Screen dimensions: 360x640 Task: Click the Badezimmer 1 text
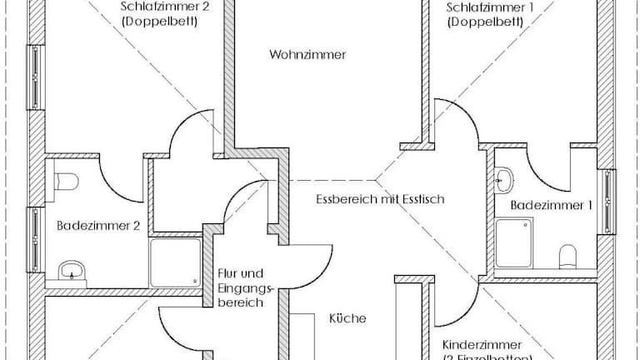[545, 204]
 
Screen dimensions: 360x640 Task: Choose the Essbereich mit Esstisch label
[381, 200]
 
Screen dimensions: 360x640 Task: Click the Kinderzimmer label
[482, 344]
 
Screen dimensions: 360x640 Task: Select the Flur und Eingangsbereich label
[241, 287]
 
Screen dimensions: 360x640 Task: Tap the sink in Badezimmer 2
[72, 270]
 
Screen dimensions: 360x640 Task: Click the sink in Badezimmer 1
[505, 178]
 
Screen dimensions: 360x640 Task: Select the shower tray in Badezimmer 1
[514, 242]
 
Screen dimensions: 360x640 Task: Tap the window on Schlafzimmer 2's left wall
[36, 77]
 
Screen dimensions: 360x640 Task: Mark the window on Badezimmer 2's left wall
[36, 240]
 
